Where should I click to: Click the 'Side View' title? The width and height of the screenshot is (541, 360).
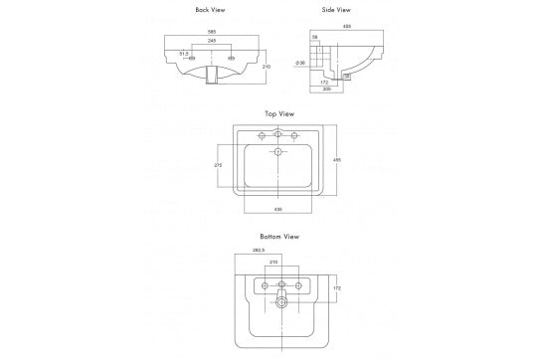pos(336,11)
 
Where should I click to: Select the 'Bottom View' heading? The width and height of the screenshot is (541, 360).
pos(279,238)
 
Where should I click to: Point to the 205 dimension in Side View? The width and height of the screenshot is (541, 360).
pos(325,87)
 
